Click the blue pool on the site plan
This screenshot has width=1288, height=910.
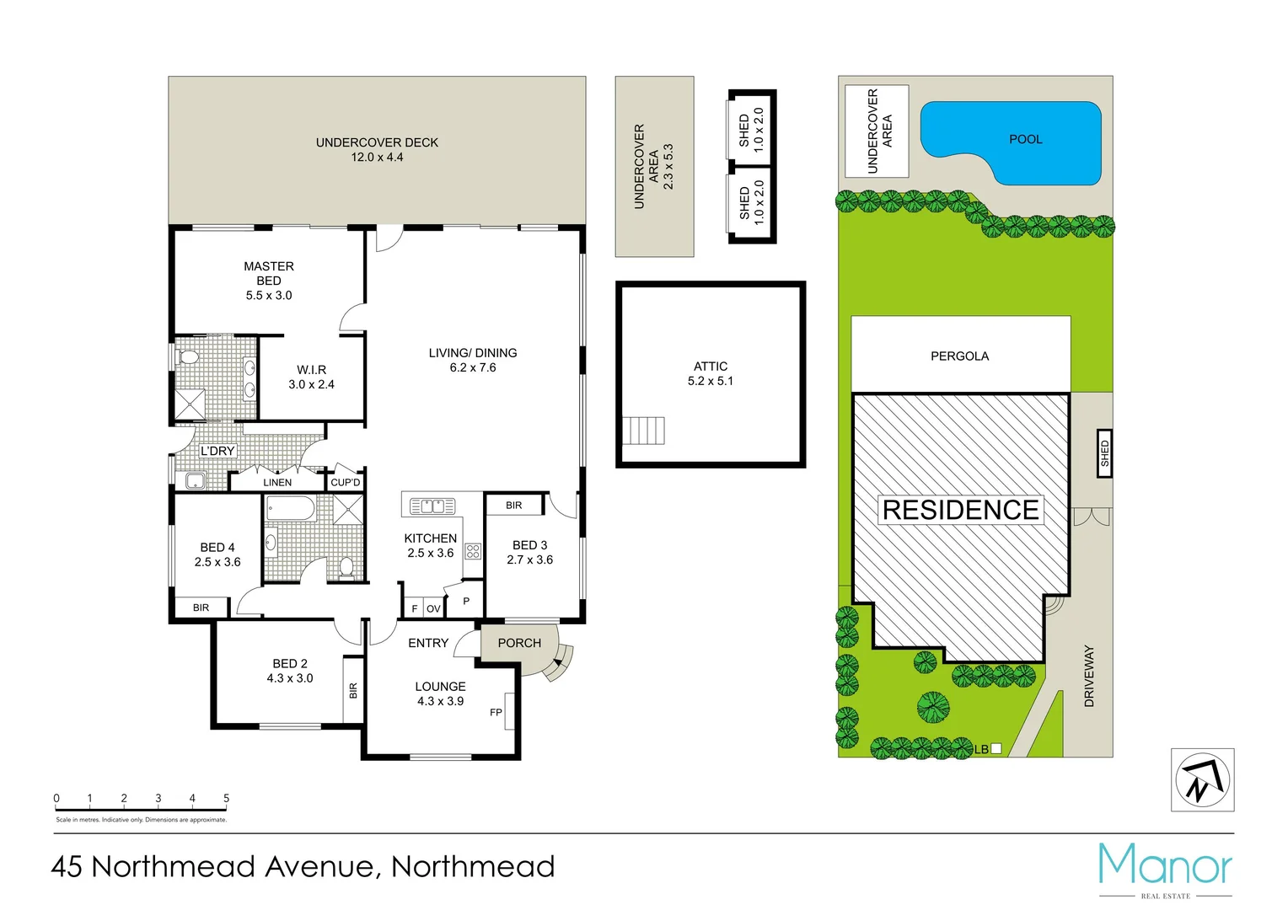[x=1024, y=139]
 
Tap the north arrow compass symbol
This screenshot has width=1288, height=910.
[x=1202, y=780]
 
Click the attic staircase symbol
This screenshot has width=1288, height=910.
[x=643, y=431]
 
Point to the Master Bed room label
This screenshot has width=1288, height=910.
[x=269, y=273]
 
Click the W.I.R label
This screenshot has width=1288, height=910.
[x=311, y=370]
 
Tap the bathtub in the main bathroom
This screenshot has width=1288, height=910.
[x=291, y=509]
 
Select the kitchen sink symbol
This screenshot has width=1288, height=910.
[x=432, y=506]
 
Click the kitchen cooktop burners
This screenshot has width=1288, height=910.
[x=473, y=552]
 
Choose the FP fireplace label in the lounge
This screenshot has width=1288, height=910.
[x=496, y=713]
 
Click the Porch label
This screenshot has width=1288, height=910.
[x=519, y=643]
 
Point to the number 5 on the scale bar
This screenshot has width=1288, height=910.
[x=226, y=798]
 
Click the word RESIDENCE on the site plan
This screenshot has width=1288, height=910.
[x=960, y=510]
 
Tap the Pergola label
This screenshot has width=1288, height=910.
[x=959, y=356]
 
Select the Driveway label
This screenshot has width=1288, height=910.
[x=1089, y=676]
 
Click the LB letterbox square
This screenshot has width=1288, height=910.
[x=996, y=748]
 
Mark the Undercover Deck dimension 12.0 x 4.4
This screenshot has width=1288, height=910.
[x=377, y=158]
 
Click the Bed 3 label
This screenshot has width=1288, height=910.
[x=529, y=545]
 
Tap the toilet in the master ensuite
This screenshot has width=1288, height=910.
[x=189, y=357]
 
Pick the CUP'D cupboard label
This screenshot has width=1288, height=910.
[x=346, y=483]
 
